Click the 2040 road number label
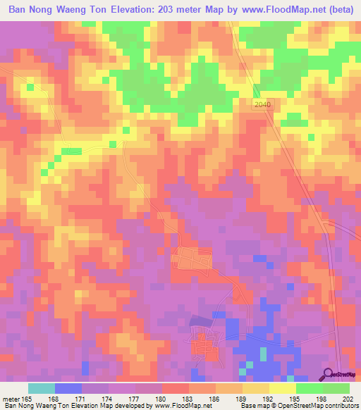(x=263, y=104)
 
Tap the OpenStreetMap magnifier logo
(x=328, y=374)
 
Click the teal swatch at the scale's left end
(x=42, y=387)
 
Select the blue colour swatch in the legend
(x=68, y=387)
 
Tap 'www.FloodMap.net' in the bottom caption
(x=185, y=406)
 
